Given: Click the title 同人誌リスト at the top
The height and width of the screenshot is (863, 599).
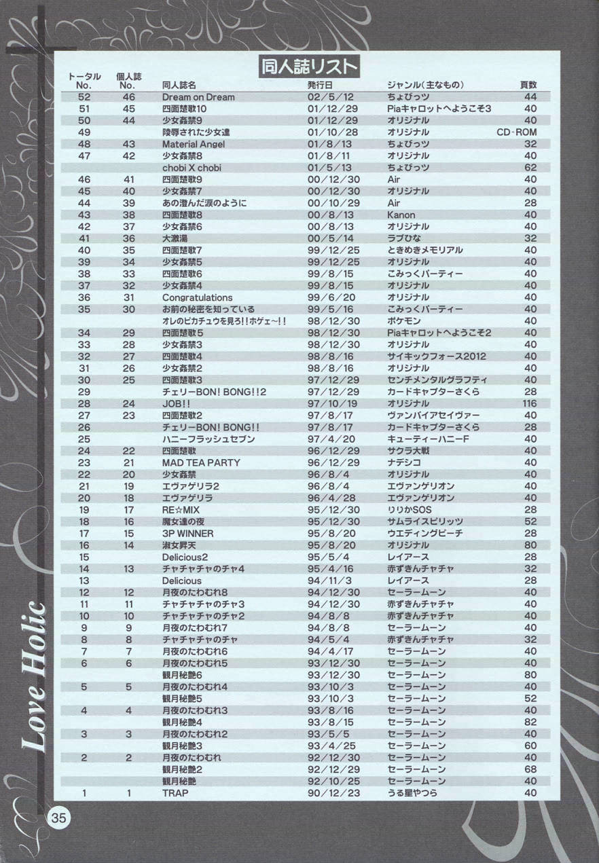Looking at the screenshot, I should point(310,67).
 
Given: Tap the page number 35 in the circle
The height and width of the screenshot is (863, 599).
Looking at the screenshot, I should point(58,818).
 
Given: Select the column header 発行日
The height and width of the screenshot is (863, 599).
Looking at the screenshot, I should point(320,86).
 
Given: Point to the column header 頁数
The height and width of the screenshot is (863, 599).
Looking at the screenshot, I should point(528,86).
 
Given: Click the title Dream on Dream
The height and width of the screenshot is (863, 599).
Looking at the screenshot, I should point(198,97).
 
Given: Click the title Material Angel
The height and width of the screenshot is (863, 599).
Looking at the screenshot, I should point(194,144).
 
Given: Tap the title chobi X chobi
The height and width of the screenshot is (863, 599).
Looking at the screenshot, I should point(192,168).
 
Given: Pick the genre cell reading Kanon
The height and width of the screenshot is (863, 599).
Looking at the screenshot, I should point(401,215).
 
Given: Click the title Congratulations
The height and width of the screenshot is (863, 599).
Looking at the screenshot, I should point(197,297).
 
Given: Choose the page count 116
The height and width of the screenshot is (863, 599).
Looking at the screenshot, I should point(528,403).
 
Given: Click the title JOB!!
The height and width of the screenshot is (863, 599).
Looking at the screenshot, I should point(176,403).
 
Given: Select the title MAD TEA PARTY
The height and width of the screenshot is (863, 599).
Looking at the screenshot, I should point(200,462).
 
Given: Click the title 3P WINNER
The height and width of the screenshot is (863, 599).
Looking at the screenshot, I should point(187,533).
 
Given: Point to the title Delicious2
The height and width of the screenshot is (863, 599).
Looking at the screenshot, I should point(185,557).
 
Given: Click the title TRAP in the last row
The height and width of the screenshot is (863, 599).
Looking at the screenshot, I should point(175,792).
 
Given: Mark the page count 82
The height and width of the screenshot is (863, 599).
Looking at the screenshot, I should point(530,722).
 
